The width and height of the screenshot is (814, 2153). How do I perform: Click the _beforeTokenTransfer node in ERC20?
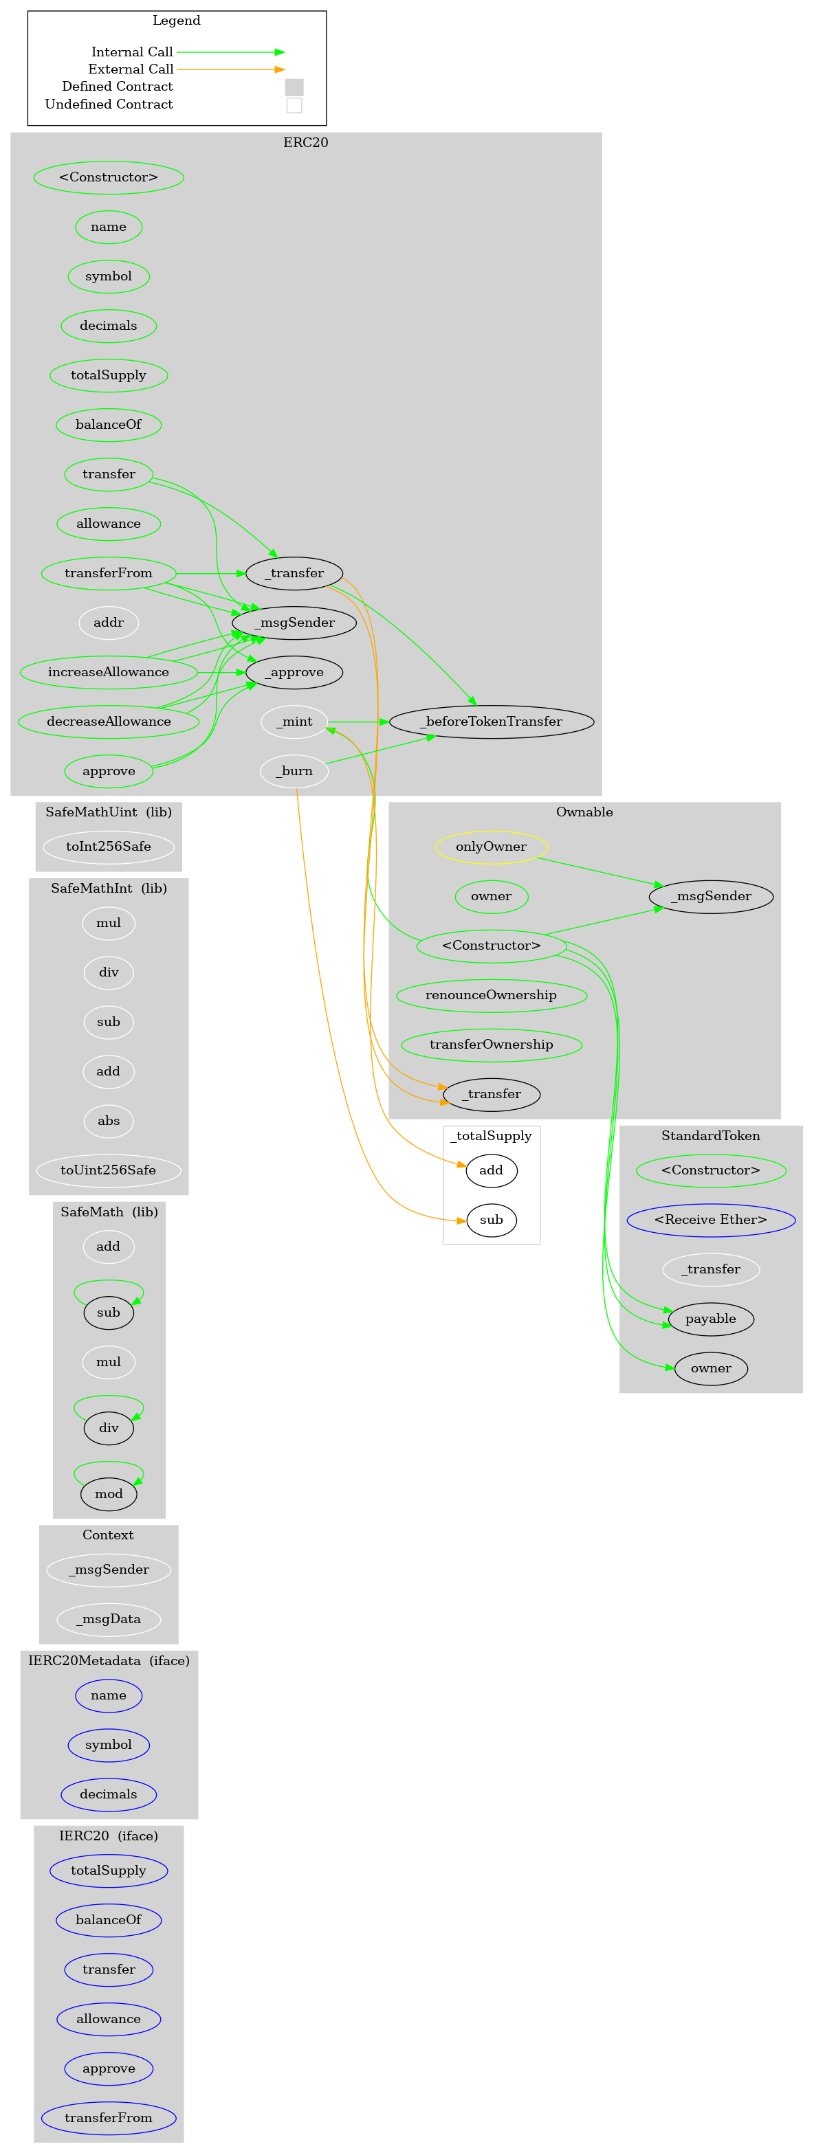(x=492, y=722)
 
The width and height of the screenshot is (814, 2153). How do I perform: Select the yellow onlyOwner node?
(x=492, y=847)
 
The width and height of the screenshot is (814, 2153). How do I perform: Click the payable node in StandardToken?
(x=710, y=1318)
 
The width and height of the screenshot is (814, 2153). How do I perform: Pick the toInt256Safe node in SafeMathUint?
(x=109, y=847)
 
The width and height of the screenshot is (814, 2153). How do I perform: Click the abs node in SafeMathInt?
(x=109, y=1121)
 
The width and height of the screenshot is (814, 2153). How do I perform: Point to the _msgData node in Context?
(x=109, y=1619)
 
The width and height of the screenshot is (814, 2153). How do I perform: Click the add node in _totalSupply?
(x=492, y=1170)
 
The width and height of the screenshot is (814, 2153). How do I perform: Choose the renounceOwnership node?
(x=492, y=994)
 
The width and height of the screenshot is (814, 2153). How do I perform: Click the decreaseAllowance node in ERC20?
(x=109, y=722)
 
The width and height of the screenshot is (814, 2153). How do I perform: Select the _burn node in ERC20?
(x=294, y=770)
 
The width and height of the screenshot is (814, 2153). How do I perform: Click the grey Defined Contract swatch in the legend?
(x=294, y=87)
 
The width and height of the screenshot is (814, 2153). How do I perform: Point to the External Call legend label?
(x=131, y=69)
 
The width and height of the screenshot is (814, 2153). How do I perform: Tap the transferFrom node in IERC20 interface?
(x=109, y=2117)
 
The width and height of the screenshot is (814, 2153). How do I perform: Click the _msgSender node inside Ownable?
(x=710, y=896)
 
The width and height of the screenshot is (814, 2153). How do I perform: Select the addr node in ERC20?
(x=109, y=623)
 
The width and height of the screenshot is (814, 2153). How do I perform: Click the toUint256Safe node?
(x=109, y=1170)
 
